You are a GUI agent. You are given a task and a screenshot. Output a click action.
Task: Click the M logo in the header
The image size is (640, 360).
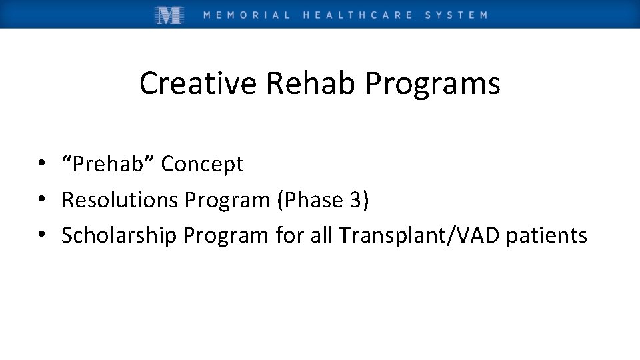(x=169, y=15)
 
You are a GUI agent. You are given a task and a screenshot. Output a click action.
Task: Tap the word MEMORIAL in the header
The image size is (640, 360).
(x=247, y=15)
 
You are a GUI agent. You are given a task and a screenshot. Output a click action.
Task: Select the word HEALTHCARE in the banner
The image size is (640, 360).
(x=357, y=15)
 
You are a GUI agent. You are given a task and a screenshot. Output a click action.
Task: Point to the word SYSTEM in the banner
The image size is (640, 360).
(x=456, y=15)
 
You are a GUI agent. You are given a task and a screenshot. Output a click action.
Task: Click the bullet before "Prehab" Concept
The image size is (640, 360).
(x=41, y=164)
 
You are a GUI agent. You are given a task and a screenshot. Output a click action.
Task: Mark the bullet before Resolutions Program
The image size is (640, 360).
(x=41, y=200)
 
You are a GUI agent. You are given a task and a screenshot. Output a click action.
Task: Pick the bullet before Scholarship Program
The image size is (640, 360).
(x=41, y=235)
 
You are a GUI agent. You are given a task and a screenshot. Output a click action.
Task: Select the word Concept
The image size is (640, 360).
(x=203, y=164)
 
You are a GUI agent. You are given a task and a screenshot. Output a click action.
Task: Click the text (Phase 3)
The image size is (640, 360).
(x=323, y=200)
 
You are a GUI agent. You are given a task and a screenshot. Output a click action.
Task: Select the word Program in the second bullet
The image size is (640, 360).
(x=228, y=200)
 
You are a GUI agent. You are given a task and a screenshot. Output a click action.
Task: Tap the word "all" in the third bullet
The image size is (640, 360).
(x=321, y=235)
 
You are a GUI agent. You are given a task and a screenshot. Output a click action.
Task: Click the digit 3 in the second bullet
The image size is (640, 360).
(x=356, y=200)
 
